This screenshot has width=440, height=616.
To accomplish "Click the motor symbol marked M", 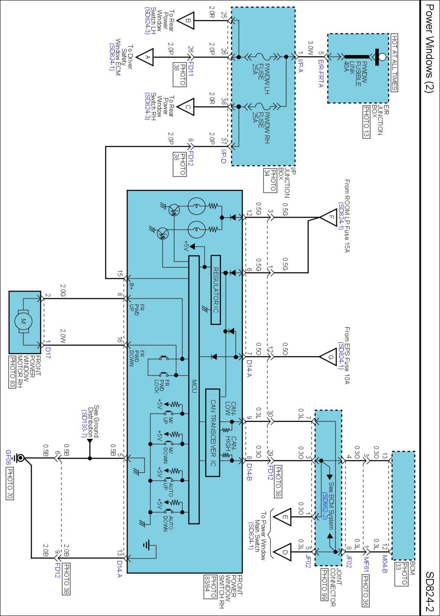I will pyautogui.click(x=23, y=321).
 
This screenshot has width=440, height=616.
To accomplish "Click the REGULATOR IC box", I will pyautogui.click(x=216, y=290).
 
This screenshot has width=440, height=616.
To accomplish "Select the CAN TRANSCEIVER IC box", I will pyautogui.click(x=213, y=432).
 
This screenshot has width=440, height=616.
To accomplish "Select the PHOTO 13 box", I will pyautogui.click(x=366, y=122).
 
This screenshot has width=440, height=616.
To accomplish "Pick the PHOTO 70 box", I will pyautogui.click(x=10, y=484).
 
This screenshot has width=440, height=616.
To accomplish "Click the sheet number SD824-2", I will pyautogui.click(x=430, y=591).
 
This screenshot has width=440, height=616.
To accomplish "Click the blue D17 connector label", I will pyautogui.click(x=48, y=353).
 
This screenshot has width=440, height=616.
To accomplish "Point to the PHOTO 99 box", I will pyautogui.click(x=324, y=584).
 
